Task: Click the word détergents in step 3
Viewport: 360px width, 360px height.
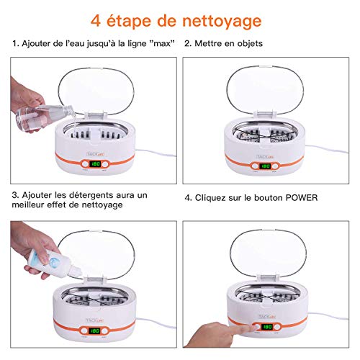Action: pyautogui.click(x=90, y=195)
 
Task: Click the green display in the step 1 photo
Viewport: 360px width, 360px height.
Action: pyautogui.click(x=95, y=164)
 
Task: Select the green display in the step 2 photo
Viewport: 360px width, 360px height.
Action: pyautogui.click(x=265, y=166)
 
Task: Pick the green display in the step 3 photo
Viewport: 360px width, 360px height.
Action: pyautogui.click(x=94, y=331)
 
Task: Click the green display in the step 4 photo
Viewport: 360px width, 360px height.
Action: pyautogui.click(x=267, y=327)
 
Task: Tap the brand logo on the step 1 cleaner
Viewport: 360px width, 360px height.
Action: pyautogui.click(x=95, y=154)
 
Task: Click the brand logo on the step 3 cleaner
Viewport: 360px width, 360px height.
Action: pyautogui.click(x=94, y=320)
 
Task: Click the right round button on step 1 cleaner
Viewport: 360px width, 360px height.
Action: pyautogui.click(x=105, y=164)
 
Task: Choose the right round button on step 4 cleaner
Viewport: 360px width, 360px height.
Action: pyautogui.click(x=277, y=327)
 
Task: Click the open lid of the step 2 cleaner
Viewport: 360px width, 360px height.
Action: pyautogui.click(x=265, y=90)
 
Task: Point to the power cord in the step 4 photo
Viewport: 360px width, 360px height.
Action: pyautogui.click(x=328, y=315)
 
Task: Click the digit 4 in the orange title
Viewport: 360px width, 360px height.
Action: pyautogui.click(x=96, y=21)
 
